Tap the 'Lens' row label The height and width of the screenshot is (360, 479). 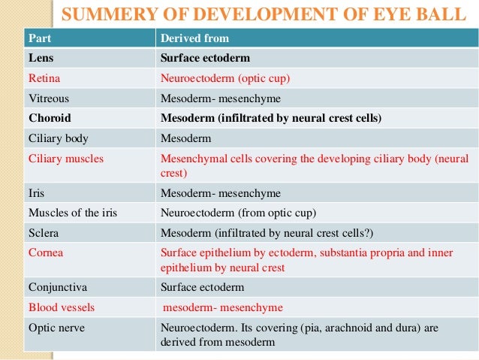click(41, 57)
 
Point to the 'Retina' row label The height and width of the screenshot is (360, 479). click(44, 77)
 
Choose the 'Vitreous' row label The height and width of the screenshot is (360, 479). click(49, 98)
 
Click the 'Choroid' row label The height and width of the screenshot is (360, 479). click(50, 118)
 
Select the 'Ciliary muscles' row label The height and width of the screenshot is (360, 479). click(66, 159)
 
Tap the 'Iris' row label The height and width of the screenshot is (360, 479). click(36, 192)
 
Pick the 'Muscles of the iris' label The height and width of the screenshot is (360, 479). click(72, 213)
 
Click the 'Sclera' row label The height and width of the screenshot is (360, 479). click(44, 233)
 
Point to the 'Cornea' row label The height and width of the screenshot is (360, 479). click(46, 253)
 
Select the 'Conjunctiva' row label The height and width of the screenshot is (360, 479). click(57, 286)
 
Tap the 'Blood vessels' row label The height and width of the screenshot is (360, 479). click(62, 307)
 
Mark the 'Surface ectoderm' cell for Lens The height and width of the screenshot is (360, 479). click(205, 57)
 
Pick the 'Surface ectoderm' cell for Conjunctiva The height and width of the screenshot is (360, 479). click(202, 286)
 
